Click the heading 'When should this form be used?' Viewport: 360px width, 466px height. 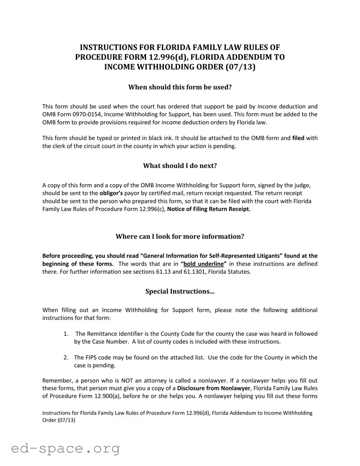click(180, 87)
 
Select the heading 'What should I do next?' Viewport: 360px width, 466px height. click(180, 166)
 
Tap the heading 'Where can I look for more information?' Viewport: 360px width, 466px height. click(180, 237)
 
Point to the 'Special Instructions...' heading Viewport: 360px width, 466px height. click(180, 292)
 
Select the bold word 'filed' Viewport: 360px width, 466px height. click(298, 138)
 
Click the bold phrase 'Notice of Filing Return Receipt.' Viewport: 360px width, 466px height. click(209, 209)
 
